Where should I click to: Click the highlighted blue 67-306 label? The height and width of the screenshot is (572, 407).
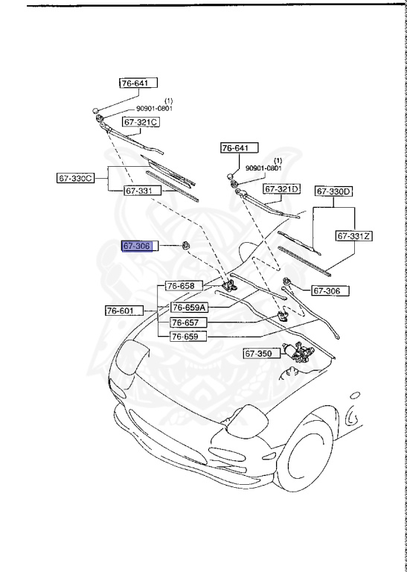click(x=137, y=246)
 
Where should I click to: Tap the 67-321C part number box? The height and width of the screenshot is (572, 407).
click(x=142, y=121)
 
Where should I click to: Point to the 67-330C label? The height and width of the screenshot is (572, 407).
click(x=76, y=178)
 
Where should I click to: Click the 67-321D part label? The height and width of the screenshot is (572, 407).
click(x=282, y=188)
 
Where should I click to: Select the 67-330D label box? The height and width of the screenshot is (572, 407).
click(x=333, y=191)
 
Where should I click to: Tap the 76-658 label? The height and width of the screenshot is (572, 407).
click(x=181, y=285)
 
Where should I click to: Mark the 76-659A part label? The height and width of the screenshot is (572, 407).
click(x=189, y=307)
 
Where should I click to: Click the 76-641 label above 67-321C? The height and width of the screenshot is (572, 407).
click(x=139, y=83)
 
